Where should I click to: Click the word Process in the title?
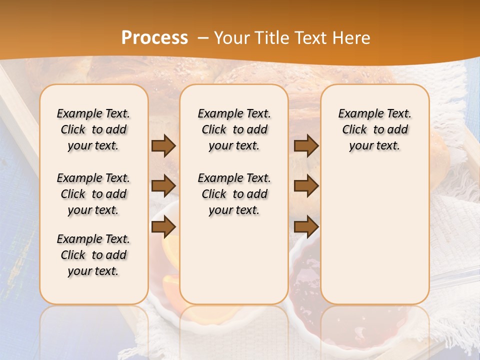[154, 38]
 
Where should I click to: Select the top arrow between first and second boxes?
[163, 146]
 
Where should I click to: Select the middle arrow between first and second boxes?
[163, 186]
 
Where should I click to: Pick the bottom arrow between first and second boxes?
[163, 227]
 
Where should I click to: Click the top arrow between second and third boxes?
[306, 146]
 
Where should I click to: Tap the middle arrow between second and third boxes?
[306, 186]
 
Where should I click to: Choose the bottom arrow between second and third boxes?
[306, 227]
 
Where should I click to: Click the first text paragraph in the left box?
[93, 129]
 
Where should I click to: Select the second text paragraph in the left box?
[93, 194]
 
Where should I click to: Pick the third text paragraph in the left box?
[93, 255]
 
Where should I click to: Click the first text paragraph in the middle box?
[234, 129]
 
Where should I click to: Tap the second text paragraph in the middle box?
[234, 194]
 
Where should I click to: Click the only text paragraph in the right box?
[374, 129]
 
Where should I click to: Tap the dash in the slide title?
[203, 38]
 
